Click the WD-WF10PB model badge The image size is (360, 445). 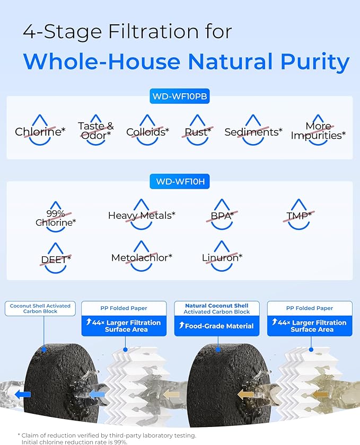point(180,97)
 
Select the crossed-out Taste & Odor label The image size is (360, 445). point(96,130)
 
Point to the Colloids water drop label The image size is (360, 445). point(147,132)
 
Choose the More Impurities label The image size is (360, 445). point(318,131)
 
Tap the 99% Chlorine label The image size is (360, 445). point(56,218)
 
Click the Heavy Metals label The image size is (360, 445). point(142,215)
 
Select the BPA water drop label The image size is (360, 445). point(221,215)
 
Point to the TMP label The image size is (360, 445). point(299,215)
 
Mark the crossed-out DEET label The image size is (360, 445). point(56,260)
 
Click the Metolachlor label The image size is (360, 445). point(142,257)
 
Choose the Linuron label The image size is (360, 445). point(222,257)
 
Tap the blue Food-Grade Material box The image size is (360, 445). point(217,326)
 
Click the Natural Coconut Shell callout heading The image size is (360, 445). point(217,306)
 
